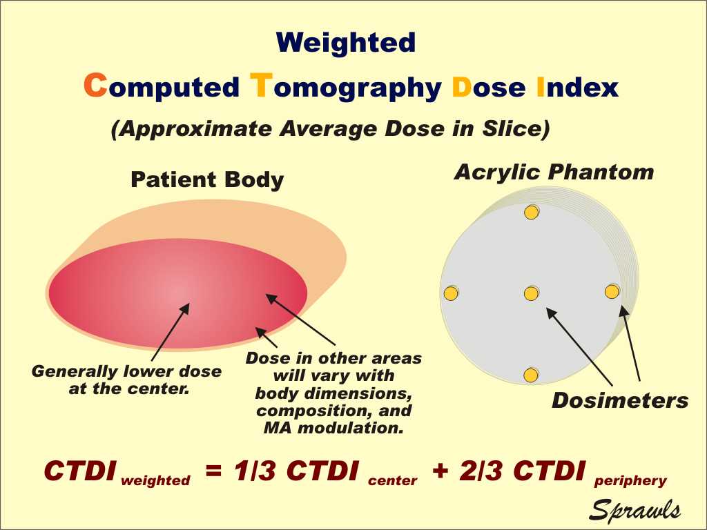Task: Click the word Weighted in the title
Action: pos(346,43)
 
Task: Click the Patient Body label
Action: pos(207,180)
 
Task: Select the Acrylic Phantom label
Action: pos(554,172)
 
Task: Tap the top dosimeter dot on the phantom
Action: pos(531,213)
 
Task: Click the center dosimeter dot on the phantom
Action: pos(531,294)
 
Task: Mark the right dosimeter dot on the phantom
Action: pos(612,292)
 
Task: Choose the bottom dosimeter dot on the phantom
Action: pos(530,375)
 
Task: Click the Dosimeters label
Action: pos(620,400)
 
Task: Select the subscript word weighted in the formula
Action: pos(155,481)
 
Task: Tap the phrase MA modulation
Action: pos(333,427)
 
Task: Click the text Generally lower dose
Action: pos(127,371)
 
